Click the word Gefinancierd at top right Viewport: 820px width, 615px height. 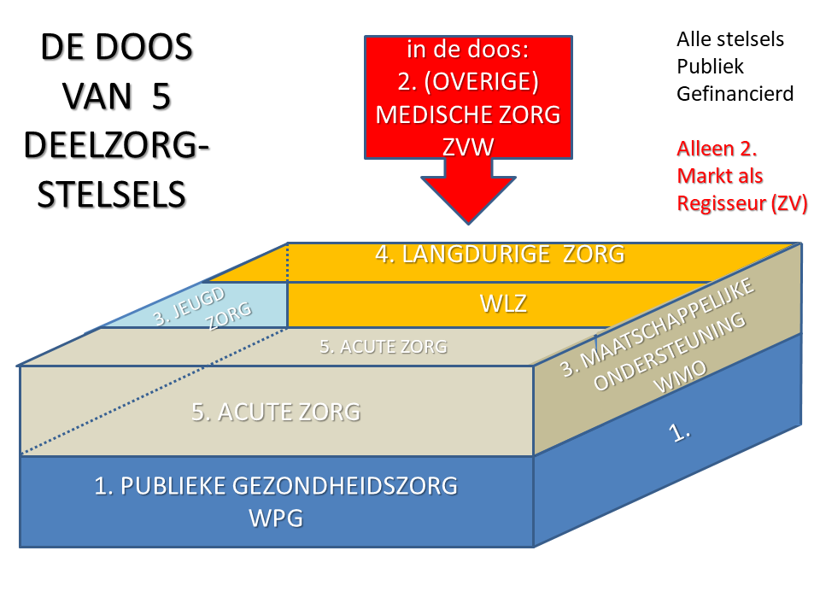735,93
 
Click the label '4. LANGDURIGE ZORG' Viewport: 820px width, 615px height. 500,254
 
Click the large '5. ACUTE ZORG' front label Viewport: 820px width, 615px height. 276,413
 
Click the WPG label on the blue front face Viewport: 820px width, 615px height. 275,518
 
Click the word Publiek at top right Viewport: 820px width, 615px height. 710,66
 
